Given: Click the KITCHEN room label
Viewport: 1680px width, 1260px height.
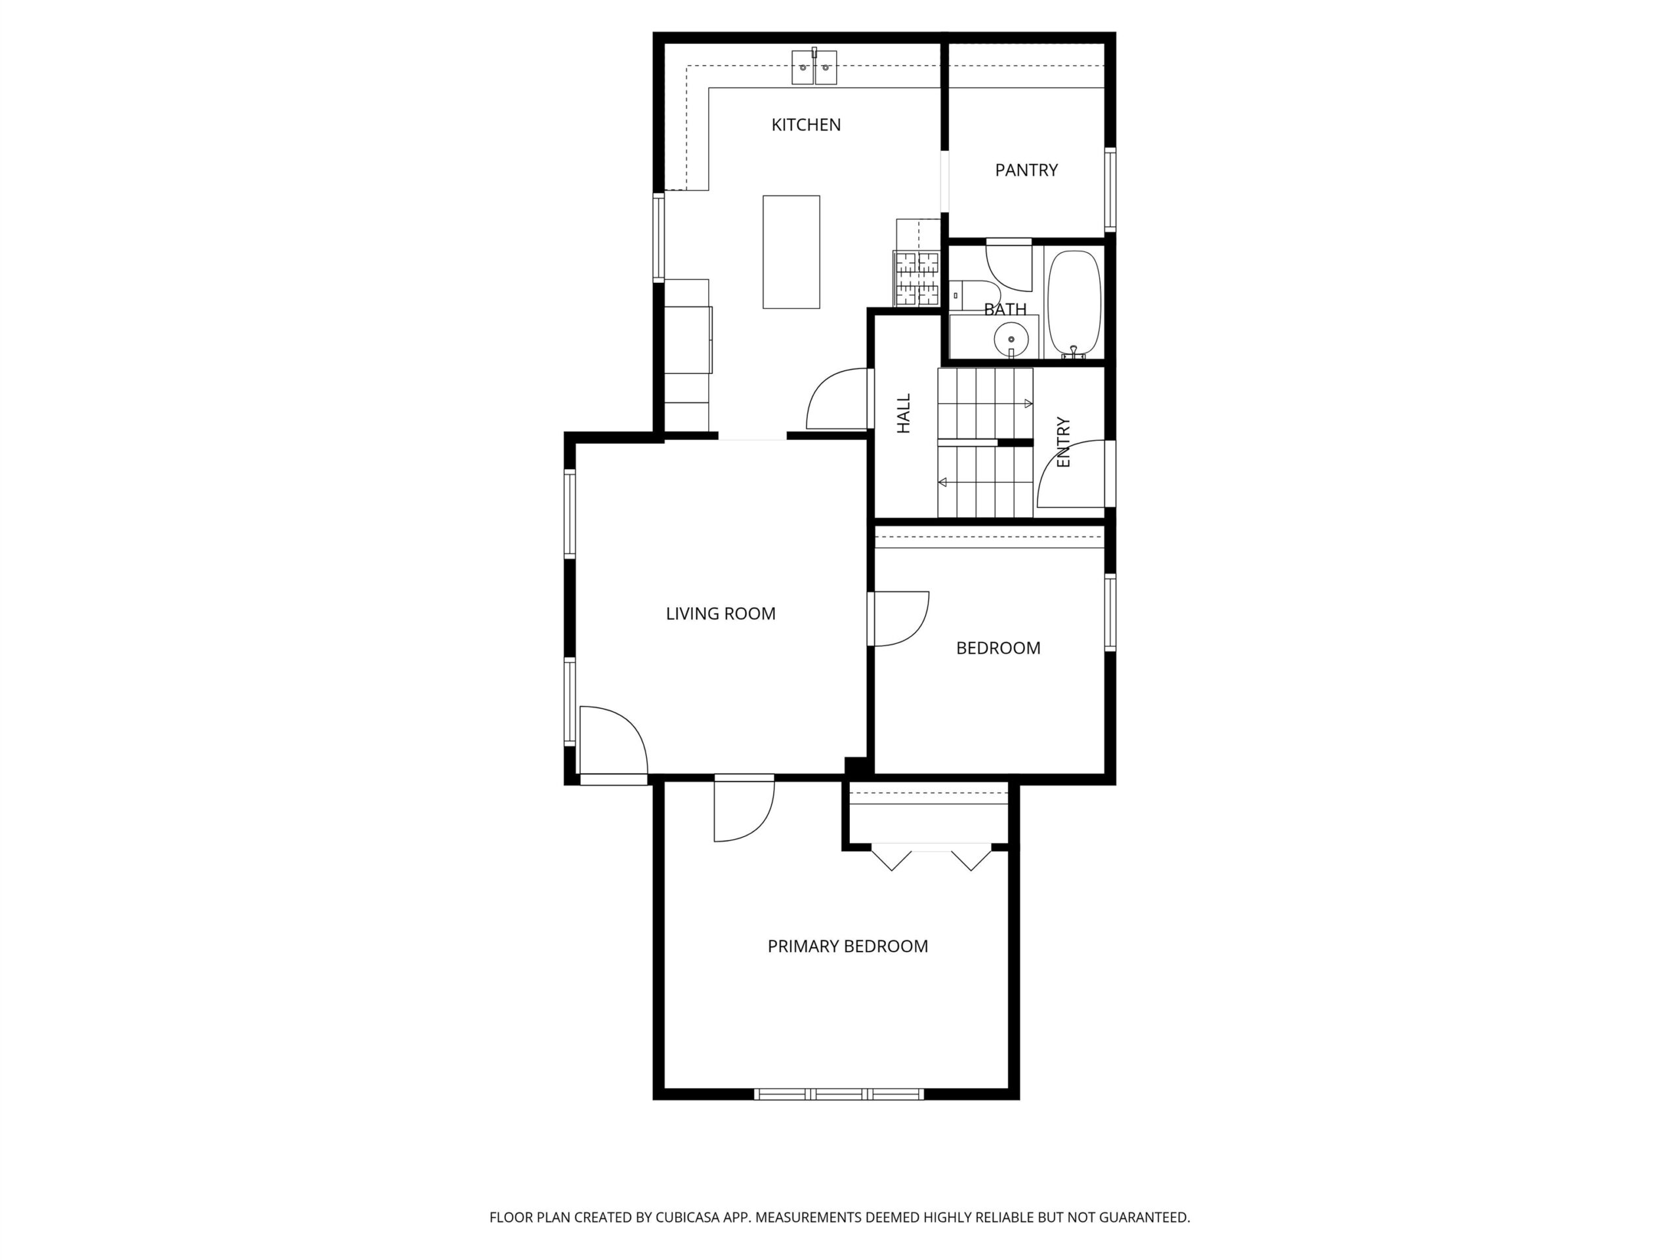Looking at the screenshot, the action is click(x=806, y=125).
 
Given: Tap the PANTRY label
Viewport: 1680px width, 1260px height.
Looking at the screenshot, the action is click(x=1026, y=170).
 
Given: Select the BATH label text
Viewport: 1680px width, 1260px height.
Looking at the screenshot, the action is click(x=1005, y=309).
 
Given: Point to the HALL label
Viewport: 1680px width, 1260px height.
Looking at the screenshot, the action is click(x=904, y=413).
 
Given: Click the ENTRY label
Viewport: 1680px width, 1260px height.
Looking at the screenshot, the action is click(x=1063, y=442).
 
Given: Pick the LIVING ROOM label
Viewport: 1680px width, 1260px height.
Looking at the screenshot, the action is click(x=721, y=614).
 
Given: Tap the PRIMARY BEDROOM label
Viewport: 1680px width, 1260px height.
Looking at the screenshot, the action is click(x=848, y=946).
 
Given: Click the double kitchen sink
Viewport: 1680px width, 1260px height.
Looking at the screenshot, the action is click(x=814, y=67).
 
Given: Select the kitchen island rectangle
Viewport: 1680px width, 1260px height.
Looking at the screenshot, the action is click(x=791, y=252).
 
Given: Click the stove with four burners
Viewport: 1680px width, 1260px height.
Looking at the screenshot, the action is click(x=917, y=279).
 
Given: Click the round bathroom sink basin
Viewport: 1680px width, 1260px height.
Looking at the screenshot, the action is click(x=1011, y=339).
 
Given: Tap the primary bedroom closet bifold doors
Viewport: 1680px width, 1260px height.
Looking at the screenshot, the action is click(x=931, y=858).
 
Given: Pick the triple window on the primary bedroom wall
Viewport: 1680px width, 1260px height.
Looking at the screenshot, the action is click(x=839, y=1095).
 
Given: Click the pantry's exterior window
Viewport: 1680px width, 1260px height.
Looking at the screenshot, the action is click(x=1110, y=189).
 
